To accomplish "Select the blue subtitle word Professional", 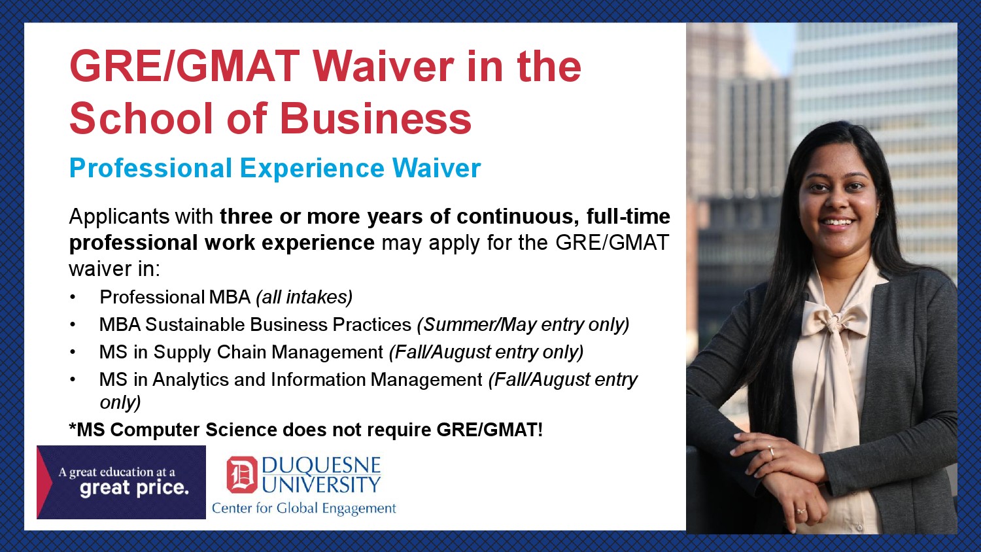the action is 150,168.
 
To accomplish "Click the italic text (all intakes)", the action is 304,297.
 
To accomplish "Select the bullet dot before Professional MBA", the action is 73,298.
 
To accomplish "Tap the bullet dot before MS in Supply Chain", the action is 73,353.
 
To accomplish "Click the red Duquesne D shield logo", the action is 242,474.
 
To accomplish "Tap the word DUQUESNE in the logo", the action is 322,465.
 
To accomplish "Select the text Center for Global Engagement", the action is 304,508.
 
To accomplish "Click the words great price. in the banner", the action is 135,488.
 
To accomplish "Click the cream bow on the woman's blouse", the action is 835,320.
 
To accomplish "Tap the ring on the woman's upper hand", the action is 772,451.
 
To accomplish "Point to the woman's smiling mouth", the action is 837,222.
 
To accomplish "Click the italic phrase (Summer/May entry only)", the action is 523,324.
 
